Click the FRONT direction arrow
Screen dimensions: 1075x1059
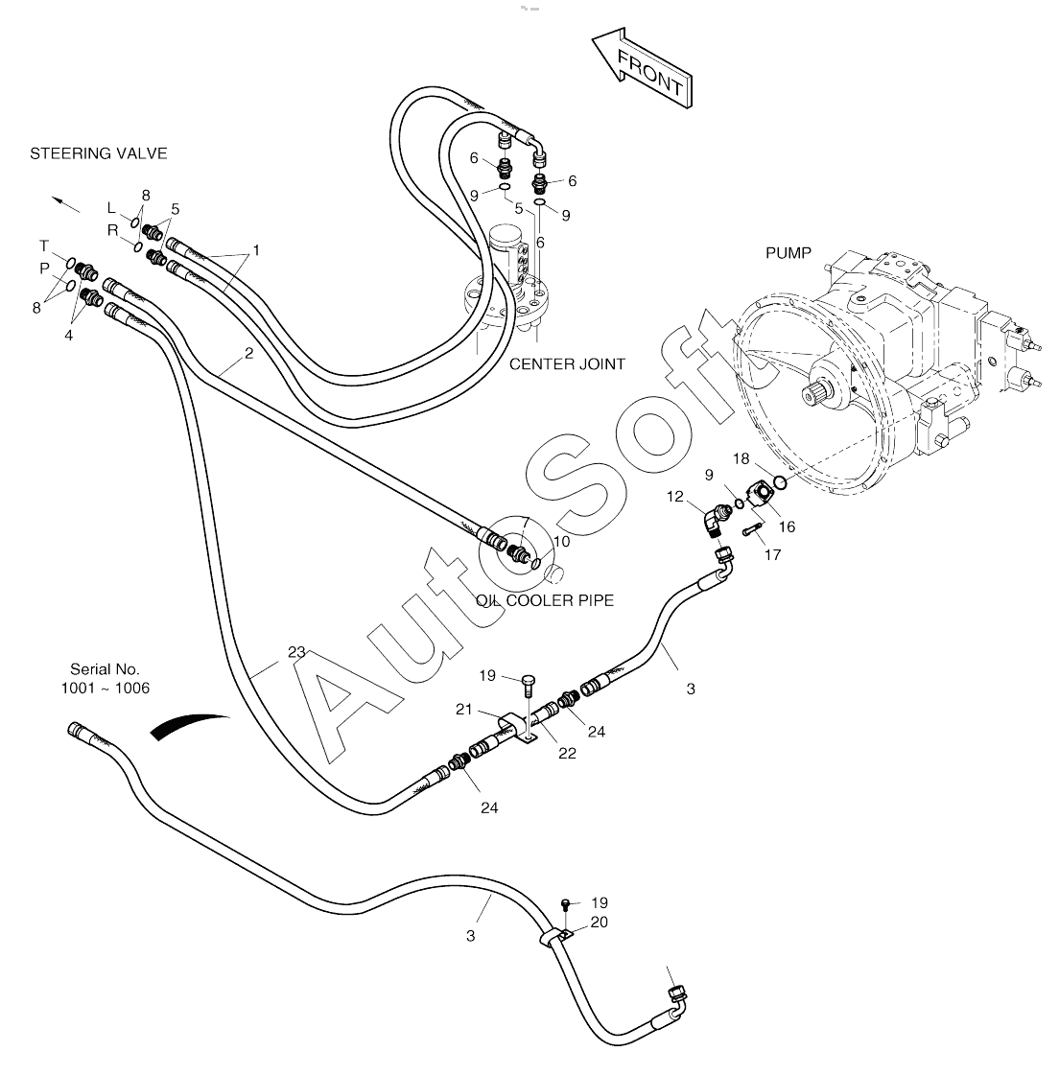(641, 68)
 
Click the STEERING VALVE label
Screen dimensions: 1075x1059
(99, 153)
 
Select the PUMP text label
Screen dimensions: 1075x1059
(788, 253)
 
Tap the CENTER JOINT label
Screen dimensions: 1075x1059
(567, 364)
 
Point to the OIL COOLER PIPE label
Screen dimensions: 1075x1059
(545, 600)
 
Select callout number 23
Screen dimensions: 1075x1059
(296, 652)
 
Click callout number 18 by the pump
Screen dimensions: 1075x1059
(742, 458)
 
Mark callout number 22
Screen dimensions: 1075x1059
(567, 753)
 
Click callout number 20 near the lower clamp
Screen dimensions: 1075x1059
(600, 923)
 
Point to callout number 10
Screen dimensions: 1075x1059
(561, 542)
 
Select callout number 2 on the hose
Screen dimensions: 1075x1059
(248, 353)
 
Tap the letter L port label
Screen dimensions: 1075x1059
(111, 208)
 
